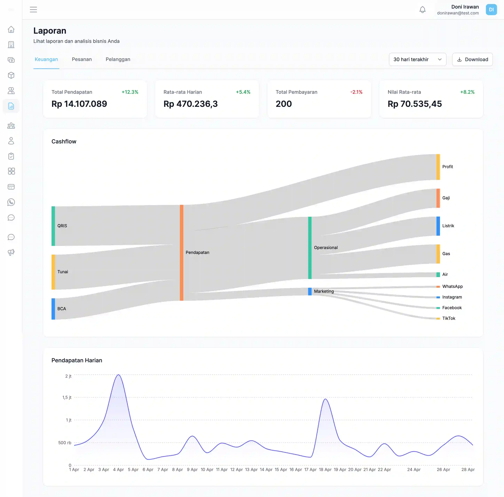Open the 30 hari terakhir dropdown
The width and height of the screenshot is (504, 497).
[x=418, y=60]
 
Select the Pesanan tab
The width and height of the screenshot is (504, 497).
[x=82, y=59]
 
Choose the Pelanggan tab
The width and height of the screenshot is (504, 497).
[x=118, y=59]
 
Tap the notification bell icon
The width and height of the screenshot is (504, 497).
[x=422, y=10]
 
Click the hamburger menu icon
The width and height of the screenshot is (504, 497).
[x=33, y=10]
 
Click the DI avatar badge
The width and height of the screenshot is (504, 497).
[x=491, y=10]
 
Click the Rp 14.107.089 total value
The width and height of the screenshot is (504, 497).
[x=79, y=104]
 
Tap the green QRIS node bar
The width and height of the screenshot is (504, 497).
[x=53, y=226]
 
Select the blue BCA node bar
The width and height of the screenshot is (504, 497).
[x=53, y=309]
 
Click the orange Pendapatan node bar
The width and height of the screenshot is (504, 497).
[x=182, y=252]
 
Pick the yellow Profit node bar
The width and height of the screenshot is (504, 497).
[x=438, y=167]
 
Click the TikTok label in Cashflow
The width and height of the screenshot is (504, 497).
[x=448, y=318]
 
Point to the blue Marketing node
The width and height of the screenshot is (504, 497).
[x=310, y=291]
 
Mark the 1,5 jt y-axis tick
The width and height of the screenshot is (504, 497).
[x=67, y=397]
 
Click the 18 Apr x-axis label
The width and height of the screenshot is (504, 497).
[x=325, y=470]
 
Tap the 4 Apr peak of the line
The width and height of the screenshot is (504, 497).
[x=118, y=375]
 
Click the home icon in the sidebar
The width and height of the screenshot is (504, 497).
[x=11, y=29]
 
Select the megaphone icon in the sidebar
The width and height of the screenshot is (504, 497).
[x=11, y=252]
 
